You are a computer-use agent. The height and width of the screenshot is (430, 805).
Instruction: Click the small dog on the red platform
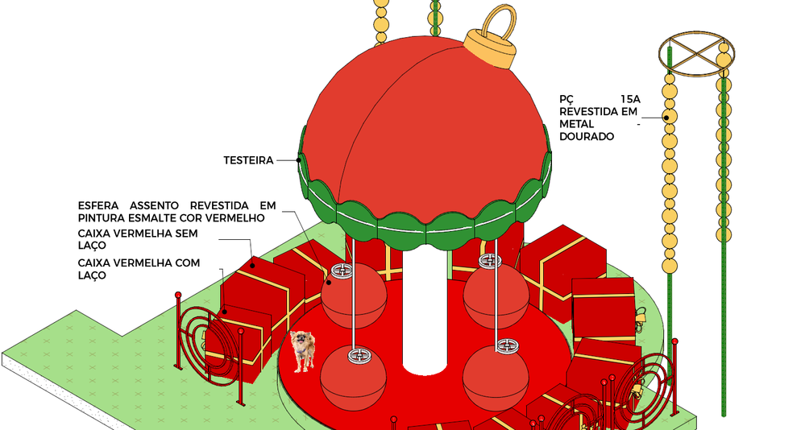(x=302, y=351)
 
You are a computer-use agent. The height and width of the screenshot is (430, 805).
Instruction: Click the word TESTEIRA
(x=248, y=160)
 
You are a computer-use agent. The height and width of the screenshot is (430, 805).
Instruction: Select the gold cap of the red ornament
(x=490, y=48)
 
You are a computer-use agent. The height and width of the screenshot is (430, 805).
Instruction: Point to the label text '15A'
(x=630, y=100)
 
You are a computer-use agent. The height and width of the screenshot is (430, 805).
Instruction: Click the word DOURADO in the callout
(x=587, y=137)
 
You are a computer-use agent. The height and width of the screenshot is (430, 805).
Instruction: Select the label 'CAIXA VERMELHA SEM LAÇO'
(x=138, y=239)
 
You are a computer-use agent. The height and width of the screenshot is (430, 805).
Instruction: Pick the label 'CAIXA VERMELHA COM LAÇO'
(x=139, y=269)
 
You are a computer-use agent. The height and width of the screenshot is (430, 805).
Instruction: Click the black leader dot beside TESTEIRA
(x=298, y=160)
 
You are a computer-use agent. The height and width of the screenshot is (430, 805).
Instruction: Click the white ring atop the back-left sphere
(x=342, y=270)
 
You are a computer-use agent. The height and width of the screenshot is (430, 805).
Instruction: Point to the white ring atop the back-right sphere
(x=490, y=261)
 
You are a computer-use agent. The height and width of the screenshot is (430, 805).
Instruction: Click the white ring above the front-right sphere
(x=507, y=345)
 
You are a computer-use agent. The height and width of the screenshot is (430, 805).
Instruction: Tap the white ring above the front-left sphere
(x=359, y=355)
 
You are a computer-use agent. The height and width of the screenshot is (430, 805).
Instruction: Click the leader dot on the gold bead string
(x=666, y=118)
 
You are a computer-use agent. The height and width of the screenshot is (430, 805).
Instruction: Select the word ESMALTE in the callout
(x=146, y=218)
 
